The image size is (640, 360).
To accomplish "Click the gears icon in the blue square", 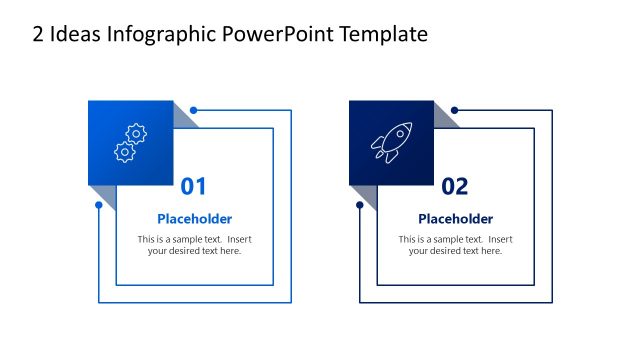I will (130, 143).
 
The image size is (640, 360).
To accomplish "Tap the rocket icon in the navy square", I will (391, 143).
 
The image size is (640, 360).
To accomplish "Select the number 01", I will (193, 186).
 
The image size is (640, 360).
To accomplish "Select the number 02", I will (454, 186).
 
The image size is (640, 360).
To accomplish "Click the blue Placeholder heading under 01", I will (195, 219).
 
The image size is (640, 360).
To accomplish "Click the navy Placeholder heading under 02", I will (455, 219).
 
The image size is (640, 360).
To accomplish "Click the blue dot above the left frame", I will (193, 110).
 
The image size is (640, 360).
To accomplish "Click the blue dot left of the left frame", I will (98, 205).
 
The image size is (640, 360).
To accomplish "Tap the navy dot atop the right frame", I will (454, 110).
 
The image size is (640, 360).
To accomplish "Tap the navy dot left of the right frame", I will (359, 205).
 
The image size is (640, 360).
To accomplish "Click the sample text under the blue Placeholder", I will (195, 245).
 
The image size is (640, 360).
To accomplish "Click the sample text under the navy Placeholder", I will (455, 245).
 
